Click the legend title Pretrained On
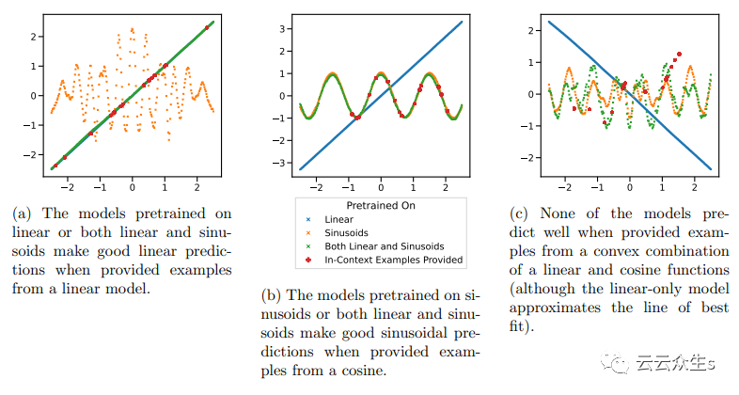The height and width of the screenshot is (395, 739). (x=380, y=203)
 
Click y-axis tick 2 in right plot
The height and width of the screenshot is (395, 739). (x=531, y=30)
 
